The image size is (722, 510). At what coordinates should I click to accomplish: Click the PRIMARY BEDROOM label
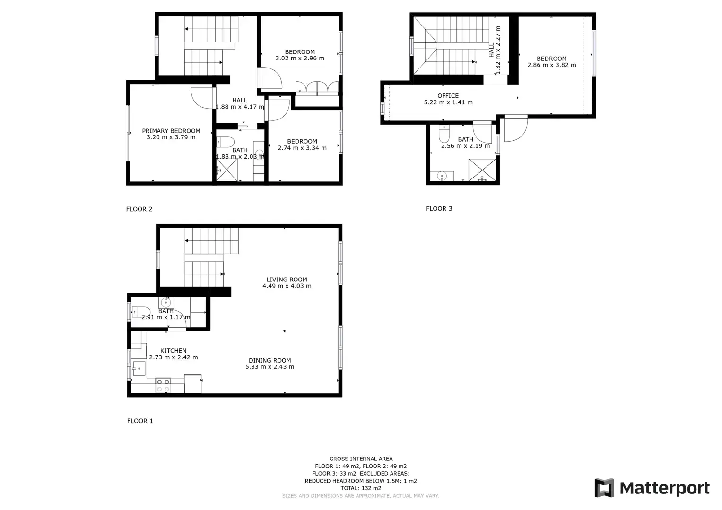point(171,131)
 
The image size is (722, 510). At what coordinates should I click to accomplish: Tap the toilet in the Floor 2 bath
point(226,142)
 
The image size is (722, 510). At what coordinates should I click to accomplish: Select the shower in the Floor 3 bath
point(482,170)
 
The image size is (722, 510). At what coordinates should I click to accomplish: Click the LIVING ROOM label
point(287,280)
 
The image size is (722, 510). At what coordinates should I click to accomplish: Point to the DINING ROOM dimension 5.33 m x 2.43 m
point(270,367)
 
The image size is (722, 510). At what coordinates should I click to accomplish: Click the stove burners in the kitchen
point(163,385)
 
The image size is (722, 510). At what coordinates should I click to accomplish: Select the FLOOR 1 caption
point(140,421)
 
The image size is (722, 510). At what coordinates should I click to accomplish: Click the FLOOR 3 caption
point(439,208)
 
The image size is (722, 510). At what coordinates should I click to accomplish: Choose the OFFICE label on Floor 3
point(448,95)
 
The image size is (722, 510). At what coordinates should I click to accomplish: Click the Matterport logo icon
point(604,488)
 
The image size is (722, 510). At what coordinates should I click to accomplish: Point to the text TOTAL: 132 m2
point(361,488)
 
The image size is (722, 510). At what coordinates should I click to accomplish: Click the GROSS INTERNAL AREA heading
point(361,459)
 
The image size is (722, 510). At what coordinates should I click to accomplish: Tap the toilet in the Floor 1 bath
point(141,312)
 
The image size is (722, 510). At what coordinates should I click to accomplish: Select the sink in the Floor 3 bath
point(442,176)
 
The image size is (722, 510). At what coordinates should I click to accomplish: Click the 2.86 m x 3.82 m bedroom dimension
point(551,65)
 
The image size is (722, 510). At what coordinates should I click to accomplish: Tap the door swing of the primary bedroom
point(201,98)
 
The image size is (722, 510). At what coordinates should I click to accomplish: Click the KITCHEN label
point(174,350)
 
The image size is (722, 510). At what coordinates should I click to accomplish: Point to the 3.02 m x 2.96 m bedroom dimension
point(300,58)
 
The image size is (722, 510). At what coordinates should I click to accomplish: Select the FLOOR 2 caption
point(139,209)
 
